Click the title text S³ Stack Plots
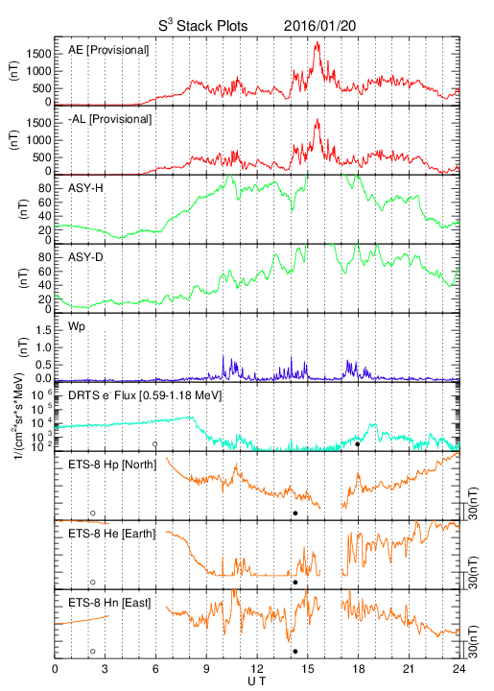(x=203, y=26)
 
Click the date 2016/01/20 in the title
(x=319, y=26)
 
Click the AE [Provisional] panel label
(x=108, y=50)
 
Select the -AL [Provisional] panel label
(x=109, y=119)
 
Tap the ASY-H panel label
(x=85, y=188)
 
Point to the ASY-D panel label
(x=85, y=257)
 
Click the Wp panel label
(x=76, y=327)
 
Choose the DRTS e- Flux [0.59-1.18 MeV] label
(x=145, y=395)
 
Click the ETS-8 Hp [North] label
(x=112, y=465)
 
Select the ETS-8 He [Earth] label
(x=112, y=534)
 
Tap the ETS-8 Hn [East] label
(x=109, y=603)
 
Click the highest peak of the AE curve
(x=318, y=42)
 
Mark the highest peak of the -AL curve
(x=317, y=119)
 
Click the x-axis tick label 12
(x=257, y=669)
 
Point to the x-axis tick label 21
(x=409, y=669)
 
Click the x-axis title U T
(x=257, y=681)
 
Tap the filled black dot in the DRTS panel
(x=358, y=444)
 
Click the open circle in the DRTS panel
(x=155, y=444)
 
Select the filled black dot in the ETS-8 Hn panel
(x=295, y=652)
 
